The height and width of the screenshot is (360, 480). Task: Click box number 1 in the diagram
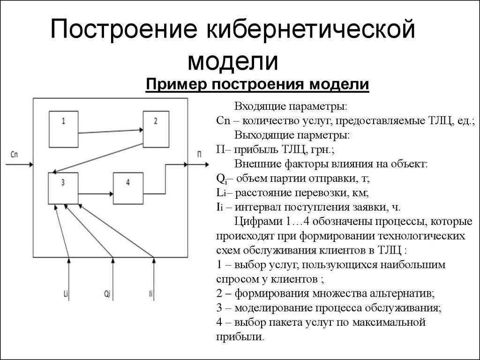point(63,128)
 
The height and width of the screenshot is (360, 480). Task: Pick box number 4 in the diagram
point(128,188)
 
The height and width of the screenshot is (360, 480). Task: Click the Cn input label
point(13,154)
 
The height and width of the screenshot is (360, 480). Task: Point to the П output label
point(201,154)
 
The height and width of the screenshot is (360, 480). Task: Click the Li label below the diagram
point(66,294)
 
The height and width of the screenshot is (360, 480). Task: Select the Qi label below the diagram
point(107,294)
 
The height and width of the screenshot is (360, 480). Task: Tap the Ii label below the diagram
point(150,294)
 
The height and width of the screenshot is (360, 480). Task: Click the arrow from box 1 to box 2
point(110,131)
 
